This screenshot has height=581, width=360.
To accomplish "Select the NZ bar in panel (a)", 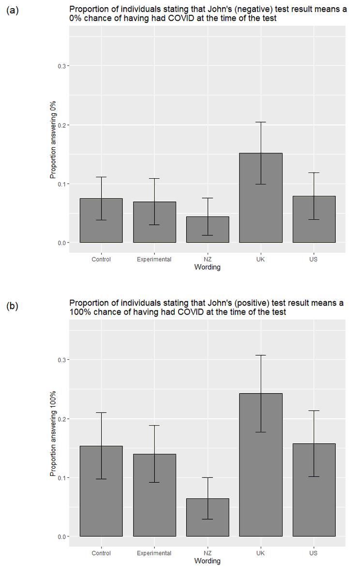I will pyautogui.click(x=208, y=229).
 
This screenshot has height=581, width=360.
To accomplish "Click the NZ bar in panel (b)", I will pyautogui.click(x=208, y=518).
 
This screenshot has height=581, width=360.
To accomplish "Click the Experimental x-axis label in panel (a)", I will pyautogui.click(x=154, y=259).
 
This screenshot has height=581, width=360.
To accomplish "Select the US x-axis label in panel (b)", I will pyautogui.click(x=314, y=553).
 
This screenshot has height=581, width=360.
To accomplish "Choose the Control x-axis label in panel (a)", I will pyautogui.click(x=101, y=259).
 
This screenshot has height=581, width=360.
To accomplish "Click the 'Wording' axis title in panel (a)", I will pyautogui.click(x=207, y=267).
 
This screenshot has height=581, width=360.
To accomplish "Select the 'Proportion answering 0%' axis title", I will pyautogui.click(x=54, y=140).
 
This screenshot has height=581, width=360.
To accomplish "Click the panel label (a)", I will pyautogui.click(x=13, y=10).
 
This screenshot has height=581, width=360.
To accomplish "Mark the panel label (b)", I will pyautogui.click(x=13, y=306).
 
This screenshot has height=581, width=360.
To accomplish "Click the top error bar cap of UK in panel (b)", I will pyautogui.click(x=261, y=355).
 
